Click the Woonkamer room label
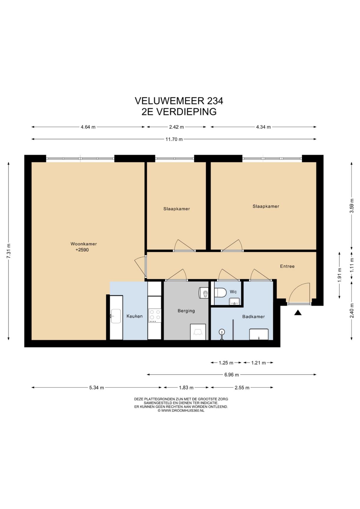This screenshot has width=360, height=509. (x=84, y=244)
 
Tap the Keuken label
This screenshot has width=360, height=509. (x=135, y=316)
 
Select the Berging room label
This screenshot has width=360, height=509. (x=186, y=311)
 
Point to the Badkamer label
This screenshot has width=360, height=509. (x=253, y=317)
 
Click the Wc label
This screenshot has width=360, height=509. (x=233, y=292)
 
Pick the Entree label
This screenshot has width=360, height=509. (x=287, y=266)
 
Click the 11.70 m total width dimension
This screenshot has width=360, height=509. (x=174, y=139)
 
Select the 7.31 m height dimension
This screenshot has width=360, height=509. (x=9, y=251)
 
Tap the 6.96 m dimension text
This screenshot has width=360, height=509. (x=232, y=375)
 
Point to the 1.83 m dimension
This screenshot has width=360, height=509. (x=186, y=388)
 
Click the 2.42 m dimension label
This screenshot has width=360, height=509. (x=176, y=127)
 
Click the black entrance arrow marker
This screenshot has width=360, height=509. (x=298, y=313)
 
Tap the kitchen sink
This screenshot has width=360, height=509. (x=116, y=316)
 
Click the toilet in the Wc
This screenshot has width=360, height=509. (x=220, y=292)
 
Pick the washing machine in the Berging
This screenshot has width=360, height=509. (x=198, y=332)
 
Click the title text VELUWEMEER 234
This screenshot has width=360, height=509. (x=179, y=101)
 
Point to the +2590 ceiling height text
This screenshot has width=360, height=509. (x=82, y=250)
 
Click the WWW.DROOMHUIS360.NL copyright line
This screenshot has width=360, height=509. (x=181, y=411)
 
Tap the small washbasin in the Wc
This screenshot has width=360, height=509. (x=235, y=301)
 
